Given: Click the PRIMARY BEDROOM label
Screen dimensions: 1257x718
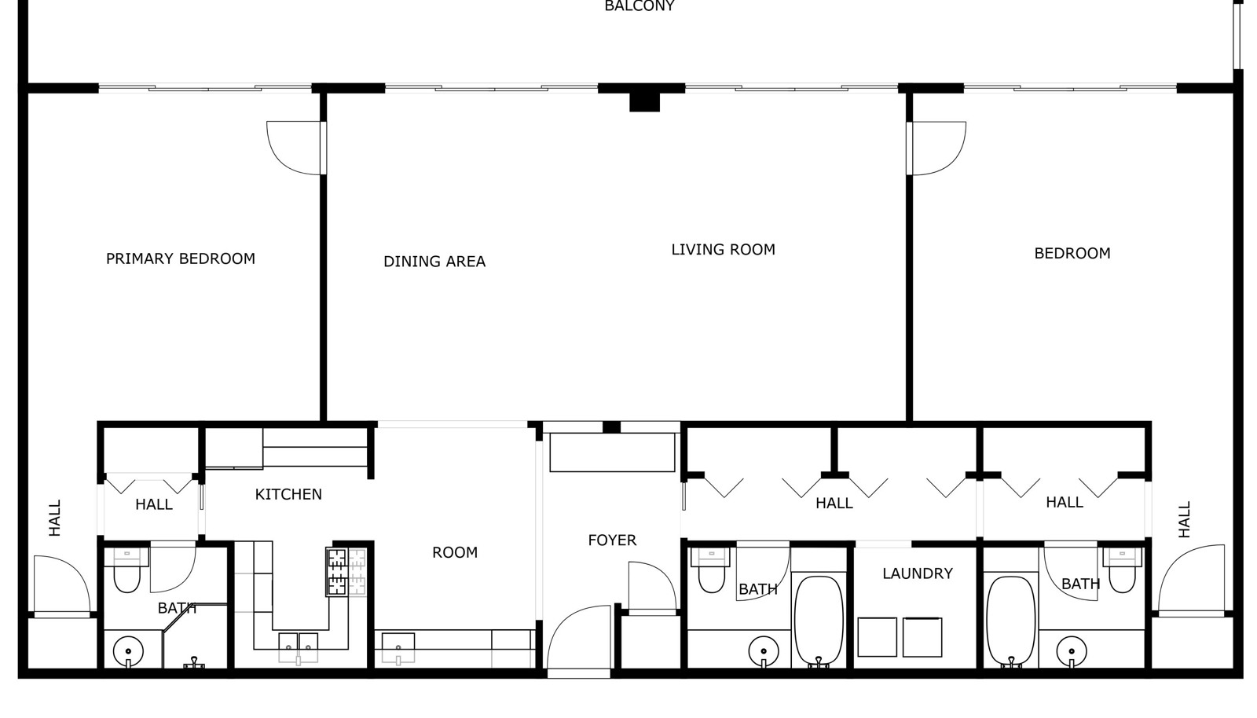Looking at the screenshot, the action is pos(181,258).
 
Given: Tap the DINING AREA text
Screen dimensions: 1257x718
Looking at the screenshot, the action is pos(434,262).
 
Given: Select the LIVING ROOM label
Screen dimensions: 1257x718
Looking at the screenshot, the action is pos(724,250).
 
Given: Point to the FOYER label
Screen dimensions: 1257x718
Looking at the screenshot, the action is pos(612,540).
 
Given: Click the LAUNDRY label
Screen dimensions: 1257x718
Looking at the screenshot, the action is pos(918,573).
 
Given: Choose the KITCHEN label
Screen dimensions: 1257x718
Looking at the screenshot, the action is pos(288,494).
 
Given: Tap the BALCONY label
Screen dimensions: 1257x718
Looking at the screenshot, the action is pos(639,6).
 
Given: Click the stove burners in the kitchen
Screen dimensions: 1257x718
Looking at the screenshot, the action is pos(337,572).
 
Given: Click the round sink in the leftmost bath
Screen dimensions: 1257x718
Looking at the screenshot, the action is pos(128,651).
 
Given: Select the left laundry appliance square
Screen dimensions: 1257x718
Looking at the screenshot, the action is pos(877,636).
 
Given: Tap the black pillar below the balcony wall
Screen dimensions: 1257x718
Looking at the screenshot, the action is pos(644,102).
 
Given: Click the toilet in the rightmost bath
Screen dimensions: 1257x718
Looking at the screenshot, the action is pos(1123,570).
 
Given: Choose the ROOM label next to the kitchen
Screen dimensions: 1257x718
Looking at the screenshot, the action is pos(455,552).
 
